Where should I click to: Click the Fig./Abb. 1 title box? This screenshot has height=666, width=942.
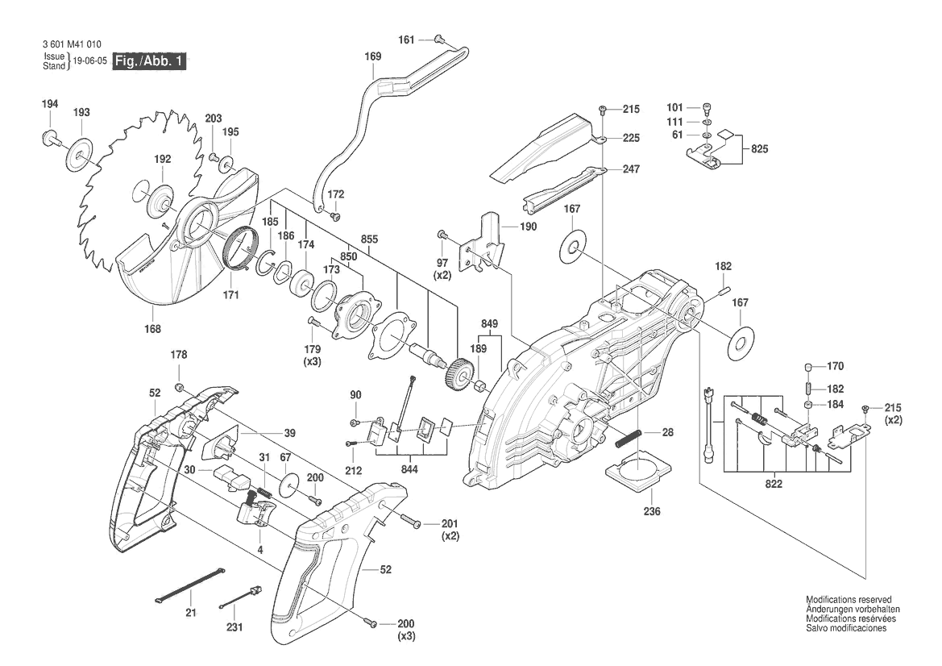(150, 61)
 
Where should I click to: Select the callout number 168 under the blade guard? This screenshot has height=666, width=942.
(152, 328)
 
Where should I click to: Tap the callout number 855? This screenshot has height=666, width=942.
(369, 240)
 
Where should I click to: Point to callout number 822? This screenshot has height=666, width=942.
(752, 485)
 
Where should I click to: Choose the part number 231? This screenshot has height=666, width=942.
(234, 627)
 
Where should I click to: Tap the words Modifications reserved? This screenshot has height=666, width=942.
(849, 600)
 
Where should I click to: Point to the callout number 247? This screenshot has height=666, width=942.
(630, 170)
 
